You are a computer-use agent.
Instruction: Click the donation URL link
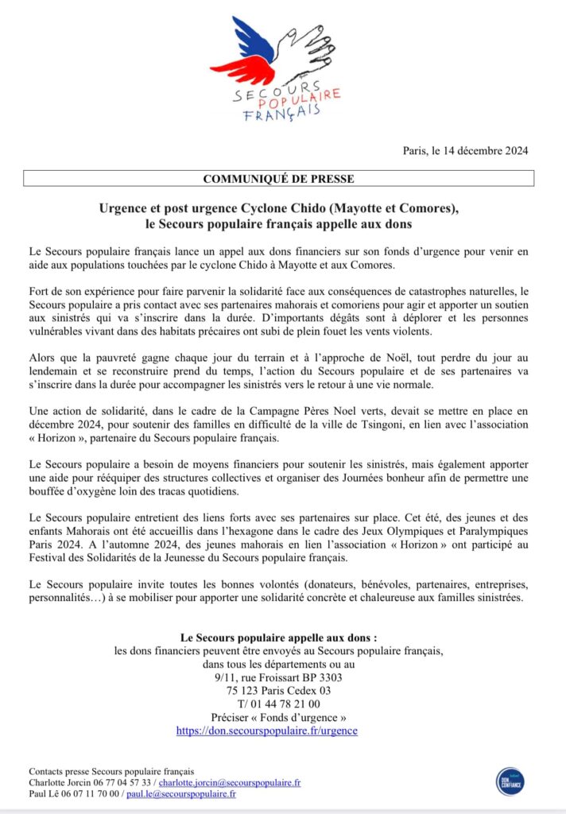pyautogui.click(x=266, y=730)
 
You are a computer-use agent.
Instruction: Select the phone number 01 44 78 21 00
pyautogui.click(x=283, y=703)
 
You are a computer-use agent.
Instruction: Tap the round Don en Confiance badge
pyautogui.click(x=509, y=781)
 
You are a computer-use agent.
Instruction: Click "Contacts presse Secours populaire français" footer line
pyautogui.click(x=111, y=771)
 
